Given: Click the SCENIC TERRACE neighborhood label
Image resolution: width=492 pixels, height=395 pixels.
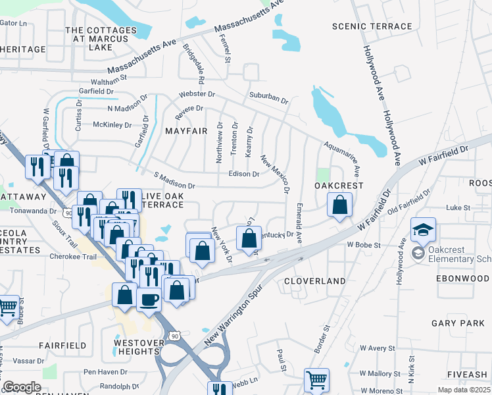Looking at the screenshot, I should point(372,26).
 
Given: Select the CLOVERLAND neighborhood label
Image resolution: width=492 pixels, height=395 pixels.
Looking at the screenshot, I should point(315,281).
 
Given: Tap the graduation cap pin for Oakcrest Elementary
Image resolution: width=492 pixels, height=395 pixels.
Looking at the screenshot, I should point(424,230).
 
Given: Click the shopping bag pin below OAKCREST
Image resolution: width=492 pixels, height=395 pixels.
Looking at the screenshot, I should point(339,205).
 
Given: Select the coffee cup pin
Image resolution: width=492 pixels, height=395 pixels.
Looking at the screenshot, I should point(149,300).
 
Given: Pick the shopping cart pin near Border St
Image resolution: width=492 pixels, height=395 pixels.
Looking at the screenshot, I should point(316,380).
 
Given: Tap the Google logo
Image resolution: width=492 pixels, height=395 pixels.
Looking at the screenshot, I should point(22,387).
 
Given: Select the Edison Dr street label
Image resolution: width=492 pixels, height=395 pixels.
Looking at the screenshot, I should point(243,174).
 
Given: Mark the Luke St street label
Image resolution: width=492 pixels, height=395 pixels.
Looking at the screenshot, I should point(458,207).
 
